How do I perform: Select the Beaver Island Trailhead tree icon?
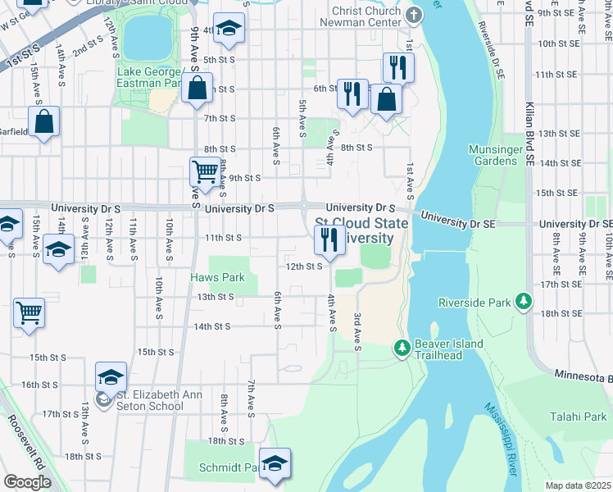[402, 348]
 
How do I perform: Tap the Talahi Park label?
[577, 417]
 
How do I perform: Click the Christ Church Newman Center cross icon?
[415, 14]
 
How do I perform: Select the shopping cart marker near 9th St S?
[205, 172]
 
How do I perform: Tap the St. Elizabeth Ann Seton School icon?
[103, 400]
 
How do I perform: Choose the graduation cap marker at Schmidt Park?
[275, 463]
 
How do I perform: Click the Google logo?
[27, 482]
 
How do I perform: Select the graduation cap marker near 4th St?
[229, 28]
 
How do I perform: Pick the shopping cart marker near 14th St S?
[29, 312]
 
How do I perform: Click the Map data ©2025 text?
[578, 485]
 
